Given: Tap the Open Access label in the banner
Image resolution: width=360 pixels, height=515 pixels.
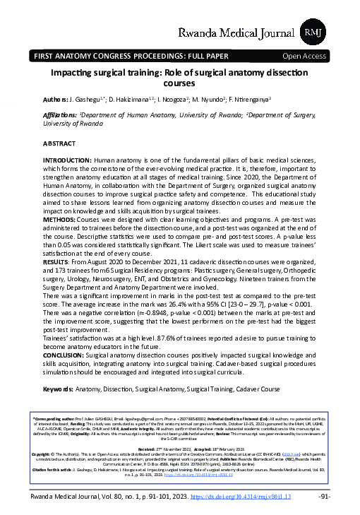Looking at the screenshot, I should (304, 54).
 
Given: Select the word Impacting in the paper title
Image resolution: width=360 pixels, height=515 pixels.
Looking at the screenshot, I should (75, 73).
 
